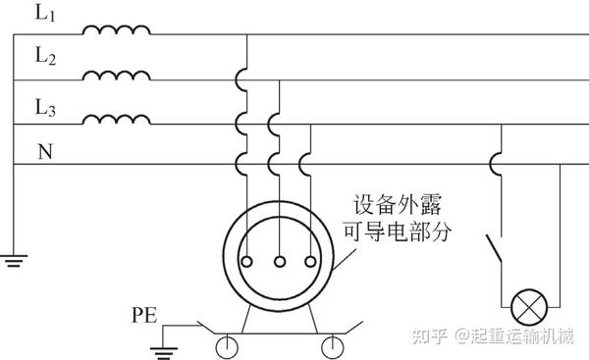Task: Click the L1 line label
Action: click(x=44, y=15)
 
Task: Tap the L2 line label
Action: click(x=45, y=57)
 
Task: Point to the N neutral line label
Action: click(x=44, y=151)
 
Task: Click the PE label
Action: click(x=143, y=315)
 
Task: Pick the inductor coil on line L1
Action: click(x=116, y=29)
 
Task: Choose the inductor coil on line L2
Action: click(x=116, y=76)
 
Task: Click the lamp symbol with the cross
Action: click(x=531, y=308)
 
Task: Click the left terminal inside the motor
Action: click(x=249, y=262)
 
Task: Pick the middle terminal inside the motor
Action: click(x=280, y=262)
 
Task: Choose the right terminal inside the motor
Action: click(x=311, y=262)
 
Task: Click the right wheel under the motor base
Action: click(x=336, y=344)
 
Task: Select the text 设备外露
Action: click(x=398, y=205)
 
